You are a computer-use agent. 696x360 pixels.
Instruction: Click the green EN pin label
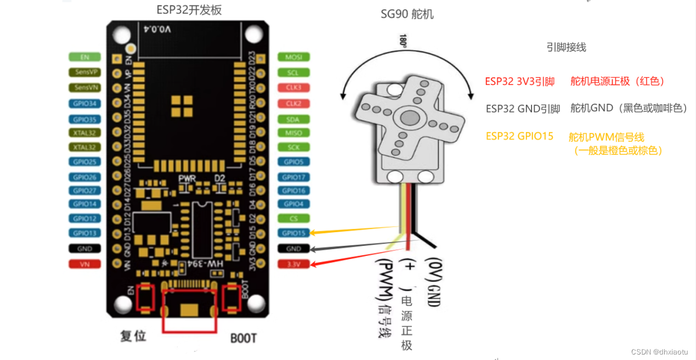click(84, 57)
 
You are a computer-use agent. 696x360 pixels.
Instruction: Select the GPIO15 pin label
click(293, 233)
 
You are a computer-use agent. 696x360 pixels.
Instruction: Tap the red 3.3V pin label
click(293, 264)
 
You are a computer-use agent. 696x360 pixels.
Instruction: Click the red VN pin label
click(84, 264)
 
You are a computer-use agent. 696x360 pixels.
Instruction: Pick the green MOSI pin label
click(293, 57)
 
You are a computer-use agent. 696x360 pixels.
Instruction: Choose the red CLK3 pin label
click(293, 87)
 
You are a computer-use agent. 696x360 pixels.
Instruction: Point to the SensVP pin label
click(84, 72)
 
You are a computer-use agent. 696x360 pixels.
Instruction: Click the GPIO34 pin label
click(84, 103)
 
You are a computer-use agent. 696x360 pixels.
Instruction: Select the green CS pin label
click(293, 218)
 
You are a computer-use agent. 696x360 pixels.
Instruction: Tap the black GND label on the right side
click(293, 249)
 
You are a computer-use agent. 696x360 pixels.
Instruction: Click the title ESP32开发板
click(189, 10)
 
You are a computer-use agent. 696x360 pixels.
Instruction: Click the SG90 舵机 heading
click(407, 14)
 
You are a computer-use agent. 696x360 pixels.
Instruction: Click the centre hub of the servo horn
click(409, 117)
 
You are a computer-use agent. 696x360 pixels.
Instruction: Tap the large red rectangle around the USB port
click(189, 311)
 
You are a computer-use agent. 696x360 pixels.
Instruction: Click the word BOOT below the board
click(243, 337)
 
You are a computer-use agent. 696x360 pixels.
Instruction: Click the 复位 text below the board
click(133, 336)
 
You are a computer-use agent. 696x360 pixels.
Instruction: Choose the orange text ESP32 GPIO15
click(519, 136)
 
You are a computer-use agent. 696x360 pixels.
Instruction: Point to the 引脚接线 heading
click(566, 47)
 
